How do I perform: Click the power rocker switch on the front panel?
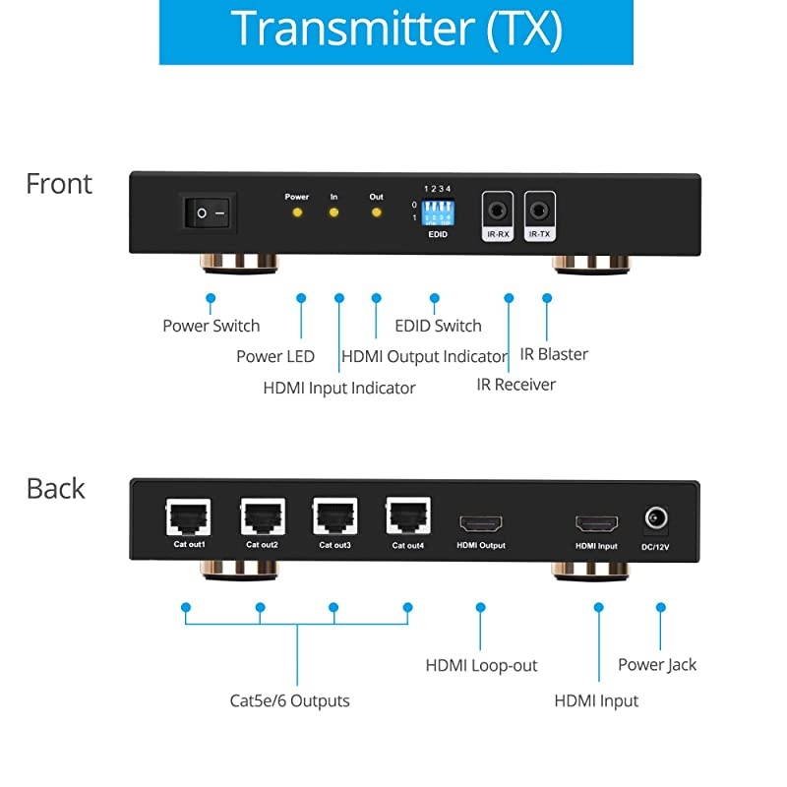210,212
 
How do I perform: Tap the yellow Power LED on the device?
297,212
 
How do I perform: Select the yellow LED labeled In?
334,212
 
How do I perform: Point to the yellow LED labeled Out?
376,212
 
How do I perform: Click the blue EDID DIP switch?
436,212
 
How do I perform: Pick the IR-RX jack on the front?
497,210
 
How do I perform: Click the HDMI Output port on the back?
480,521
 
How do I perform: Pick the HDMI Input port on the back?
596,521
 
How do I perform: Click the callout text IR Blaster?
554,354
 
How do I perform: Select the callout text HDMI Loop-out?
481,666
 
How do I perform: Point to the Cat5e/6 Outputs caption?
289,701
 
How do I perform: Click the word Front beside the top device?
59,184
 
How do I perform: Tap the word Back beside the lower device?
56,489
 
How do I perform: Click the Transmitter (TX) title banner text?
396,30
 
